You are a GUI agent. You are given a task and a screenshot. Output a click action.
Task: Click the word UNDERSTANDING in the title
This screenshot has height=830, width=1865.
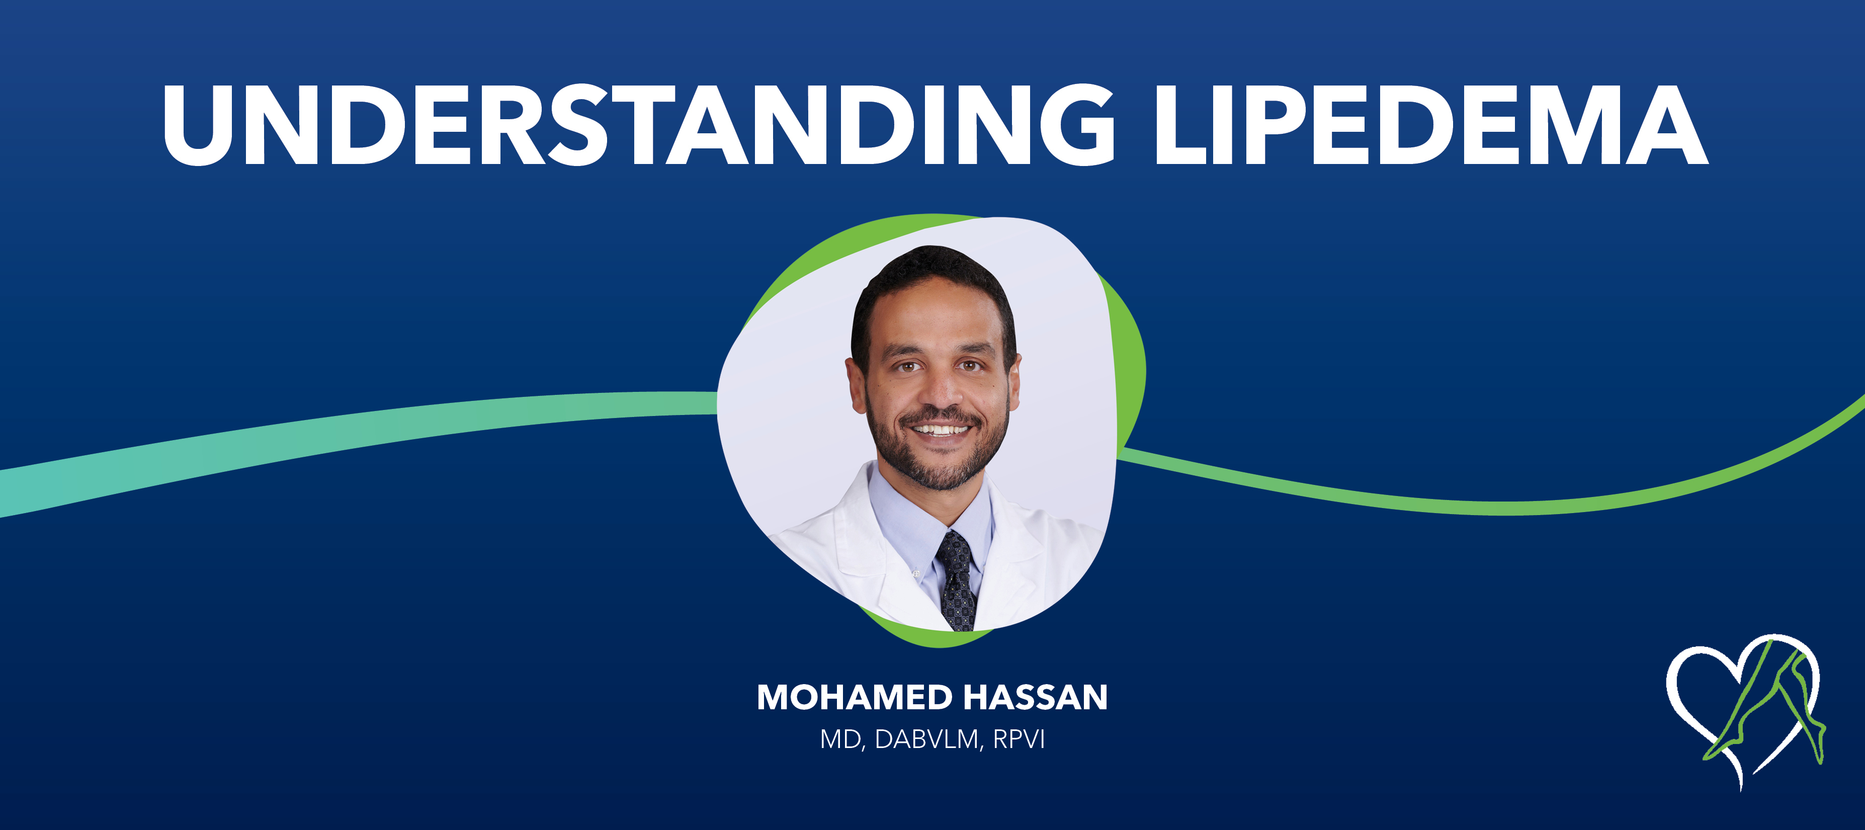pos(637,125)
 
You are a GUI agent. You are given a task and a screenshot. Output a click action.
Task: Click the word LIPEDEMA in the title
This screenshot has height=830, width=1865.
pos(1430,125)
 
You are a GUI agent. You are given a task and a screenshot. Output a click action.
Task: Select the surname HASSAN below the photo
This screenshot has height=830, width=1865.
pos(1035,698)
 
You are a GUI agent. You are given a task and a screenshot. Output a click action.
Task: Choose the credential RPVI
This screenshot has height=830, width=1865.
pos(1019,739)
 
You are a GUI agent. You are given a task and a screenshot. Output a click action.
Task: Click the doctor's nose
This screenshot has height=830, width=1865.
pos(940,391)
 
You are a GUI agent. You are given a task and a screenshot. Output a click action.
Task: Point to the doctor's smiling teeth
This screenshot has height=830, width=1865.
pos(940,430)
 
